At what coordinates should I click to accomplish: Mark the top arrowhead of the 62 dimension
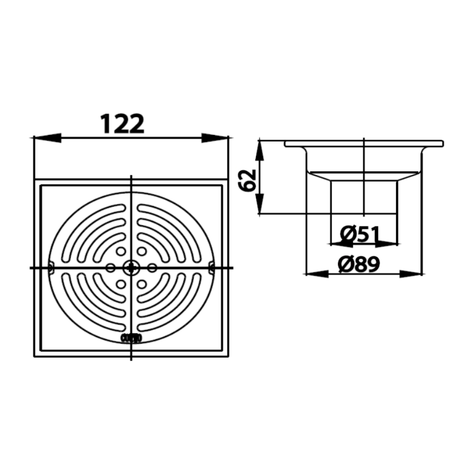pyautogui.click(x=259, y=151)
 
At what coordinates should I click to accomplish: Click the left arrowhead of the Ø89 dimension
pyautogui.click(x=317, y=274)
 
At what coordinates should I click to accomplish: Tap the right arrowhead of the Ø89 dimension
pyautogui.click(x=410, y=274)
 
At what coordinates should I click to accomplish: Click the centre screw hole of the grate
pyautogui.click(x=131, y=268)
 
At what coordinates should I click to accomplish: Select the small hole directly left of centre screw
pyautogui.click(x=110, y=268)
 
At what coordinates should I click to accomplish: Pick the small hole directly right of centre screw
pyautogui.click(x=152, y=268)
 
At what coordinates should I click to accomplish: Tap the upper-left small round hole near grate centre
pyautogui.click(x=121, y=252)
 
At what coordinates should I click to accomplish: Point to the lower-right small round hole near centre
pyautogui.click(x=142, y=284)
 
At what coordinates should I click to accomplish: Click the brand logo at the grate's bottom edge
pyautogui.click(x=131, y=338)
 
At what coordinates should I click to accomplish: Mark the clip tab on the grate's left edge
pyautogui.click(x=51, y=268)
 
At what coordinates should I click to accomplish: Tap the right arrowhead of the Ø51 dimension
pyautogui.click(x=387, y=244)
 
